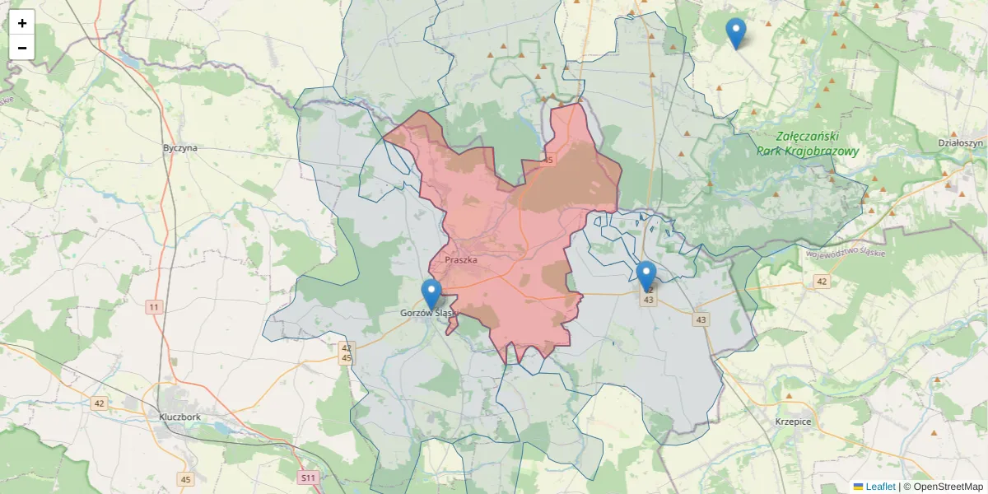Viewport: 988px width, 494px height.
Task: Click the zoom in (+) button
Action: coord(22,23)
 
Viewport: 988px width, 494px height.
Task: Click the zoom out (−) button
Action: coord(22,48)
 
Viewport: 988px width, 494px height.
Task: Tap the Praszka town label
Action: coord(461,260)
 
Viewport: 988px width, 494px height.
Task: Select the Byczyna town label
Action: coord(180,148)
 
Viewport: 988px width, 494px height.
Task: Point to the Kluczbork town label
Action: coord(180,417)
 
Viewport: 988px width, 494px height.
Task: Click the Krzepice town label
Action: coord(793,422)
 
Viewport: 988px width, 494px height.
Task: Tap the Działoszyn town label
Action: coord(961,142)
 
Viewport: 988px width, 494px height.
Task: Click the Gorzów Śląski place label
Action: coord(427,313)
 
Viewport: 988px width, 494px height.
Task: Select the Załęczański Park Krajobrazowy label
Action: coord(808,144)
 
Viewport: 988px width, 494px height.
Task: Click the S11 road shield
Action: coord(308,478)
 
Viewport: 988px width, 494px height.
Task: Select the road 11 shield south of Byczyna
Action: coord(153,307)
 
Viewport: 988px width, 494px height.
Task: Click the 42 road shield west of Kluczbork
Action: coord(100,403)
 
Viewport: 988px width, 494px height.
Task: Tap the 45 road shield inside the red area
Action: coord(548,160)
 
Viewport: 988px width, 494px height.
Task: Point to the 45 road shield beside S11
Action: coord(186,479)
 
